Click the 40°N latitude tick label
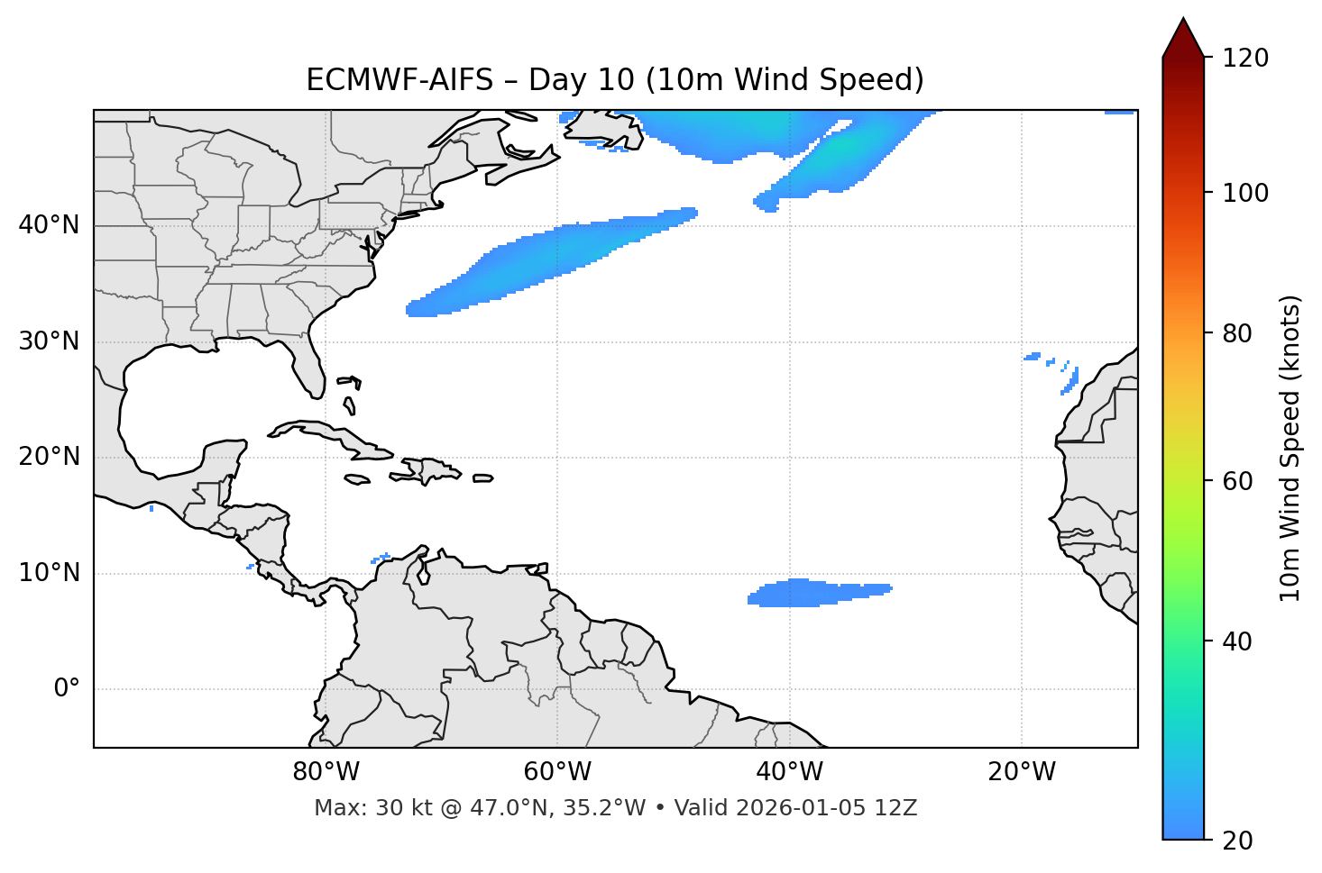49,225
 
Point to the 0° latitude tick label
67,689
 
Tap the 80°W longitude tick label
326,772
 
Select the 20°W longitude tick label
1022,772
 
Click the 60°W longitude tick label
557,772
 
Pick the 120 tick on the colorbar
1245,58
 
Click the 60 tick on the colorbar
1239,481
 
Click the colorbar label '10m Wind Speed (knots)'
1290,448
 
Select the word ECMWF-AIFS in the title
399,80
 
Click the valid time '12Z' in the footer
895,808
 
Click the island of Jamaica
357,480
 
